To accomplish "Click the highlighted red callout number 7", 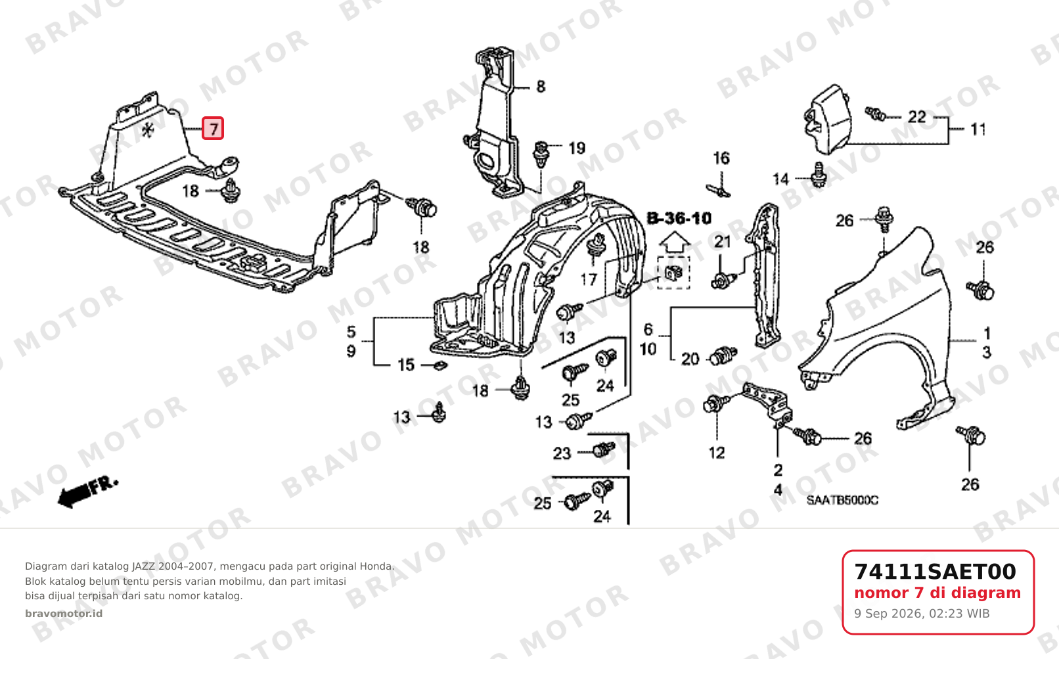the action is coord(213,128).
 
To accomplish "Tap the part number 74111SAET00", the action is coord(935,572).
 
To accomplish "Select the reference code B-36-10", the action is coord(679,218).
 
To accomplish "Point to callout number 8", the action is coord(541,87).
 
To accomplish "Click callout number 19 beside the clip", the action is coord(577,148).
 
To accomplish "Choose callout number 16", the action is coord(721,158).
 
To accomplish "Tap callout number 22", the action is coord(916,117).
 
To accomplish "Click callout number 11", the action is coord(978,129).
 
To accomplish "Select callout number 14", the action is coord(780,179).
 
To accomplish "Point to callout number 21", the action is coord(723,242).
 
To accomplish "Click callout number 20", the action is coord(690,359).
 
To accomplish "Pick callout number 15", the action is coord(405,365).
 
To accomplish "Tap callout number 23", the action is coord(562,454).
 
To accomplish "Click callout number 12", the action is coord(717,453).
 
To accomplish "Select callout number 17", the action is coord(589,280).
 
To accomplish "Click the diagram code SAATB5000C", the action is coord(842,500).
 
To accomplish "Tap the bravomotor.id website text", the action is coord(64,614).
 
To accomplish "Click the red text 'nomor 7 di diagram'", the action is coord(937,593).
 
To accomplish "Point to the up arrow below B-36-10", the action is coord(675,244).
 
